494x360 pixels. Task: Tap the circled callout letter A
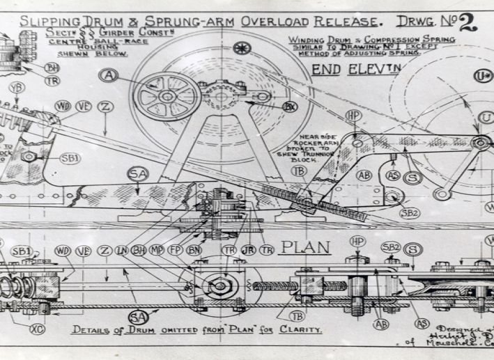pos(108,75)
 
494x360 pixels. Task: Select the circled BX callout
pos(291,107)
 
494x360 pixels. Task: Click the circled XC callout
pos(38,327)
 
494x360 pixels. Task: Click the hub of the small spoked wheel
pos(167,96)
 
